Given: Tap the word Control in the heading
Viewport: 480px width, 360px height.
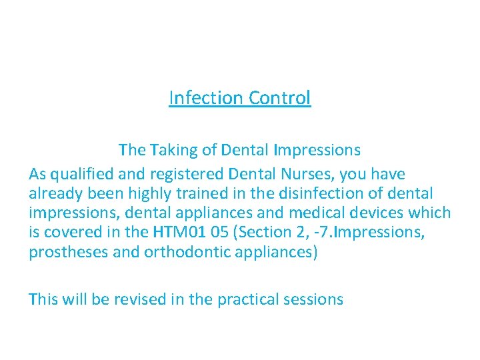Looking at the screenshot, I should [280, 98].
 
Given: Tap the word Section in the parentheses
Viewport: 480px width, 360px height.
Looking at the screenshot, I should [260, 233].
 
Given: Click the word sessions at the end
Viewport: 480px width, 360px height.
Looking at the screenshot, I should [315, 299].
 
